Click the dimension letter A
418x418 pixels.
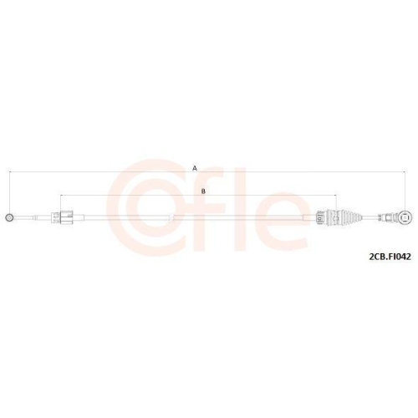coord(195,168)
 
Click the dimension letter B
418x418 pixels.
coord(202,191)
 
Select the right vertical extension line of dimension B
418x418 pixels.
coord(321,204)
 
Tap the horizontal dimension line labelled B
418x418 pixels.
coord(125,196)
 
